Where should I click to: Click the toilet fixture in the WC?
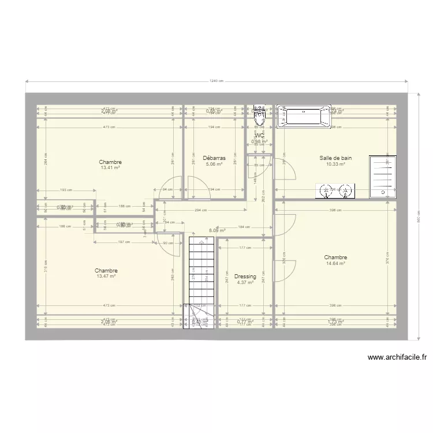coord(260,117)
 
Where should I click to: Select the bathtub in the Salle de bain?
coord(304,117)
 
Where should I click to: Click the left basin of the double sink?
coord(327,191)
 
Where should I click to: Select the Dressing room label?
coord(245,277)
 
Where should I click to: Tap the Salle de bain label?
coord(335,158)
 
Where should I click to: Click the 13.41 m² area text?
coord(110,168)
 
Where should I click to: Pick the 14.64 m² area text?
coord(335,264)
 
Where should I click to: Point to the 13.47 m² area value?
coord(106,277)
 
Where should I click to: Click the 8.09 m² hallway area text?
coord(216,230)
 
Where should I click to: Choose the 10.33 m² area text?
coord(335,164)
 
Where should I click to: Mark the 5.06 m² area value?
coord(214,164)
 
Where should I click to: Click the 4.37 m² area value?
coord(245,283)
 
